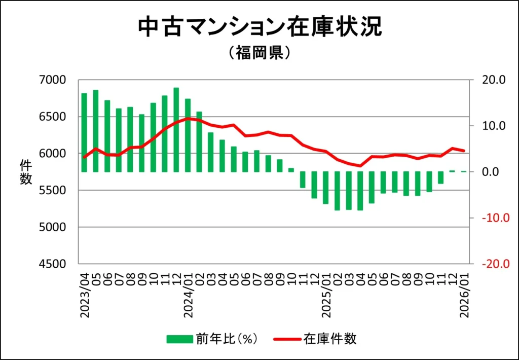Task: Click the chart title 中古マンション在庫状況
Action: [x=259, y=28]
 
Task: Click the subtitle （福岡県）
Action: [x=259, y=53]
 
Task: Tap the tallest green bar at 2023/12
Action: [x=176, y=130]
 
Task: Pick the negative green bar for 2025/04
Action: [x=360, y=191]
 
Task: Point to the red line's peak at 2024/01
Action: [x=188, y=118]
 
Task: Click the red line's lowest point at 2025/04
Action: [x=360, y=165]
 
